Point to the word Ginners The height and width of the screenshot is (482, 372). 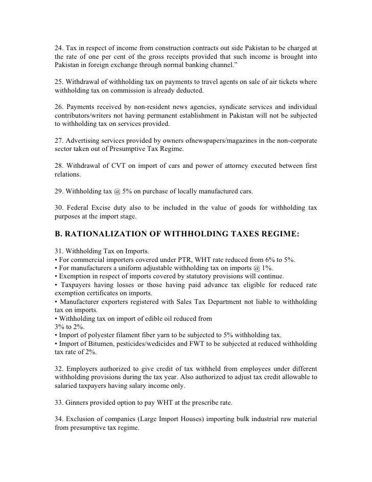(78, 402)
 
